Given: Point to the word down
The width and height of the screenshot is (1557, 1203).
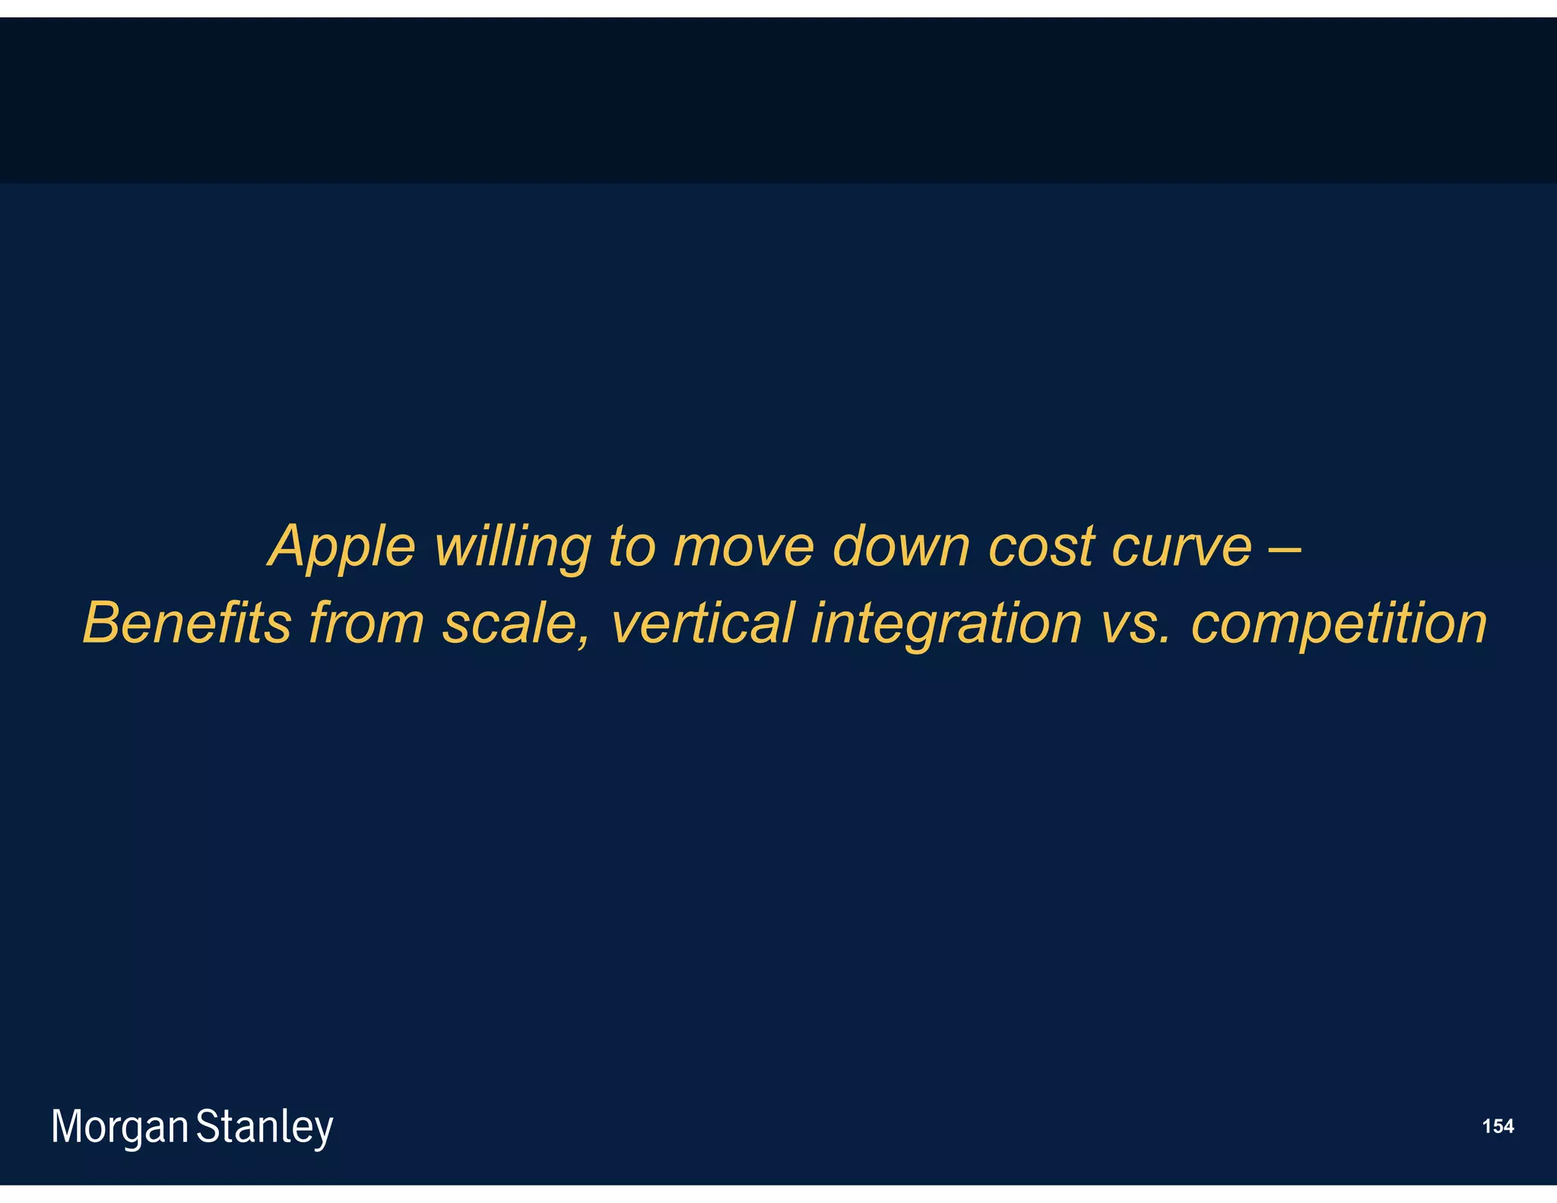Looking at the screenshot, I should [901, 546].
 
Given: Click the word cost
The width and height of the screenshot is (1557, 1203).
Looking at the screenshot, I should [1042, 546].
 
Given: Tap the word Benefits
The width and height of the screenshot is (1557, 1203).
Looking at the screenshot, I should [187, 623].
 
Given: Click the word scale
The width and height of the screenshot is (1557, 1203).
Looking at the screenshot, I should [510, 623].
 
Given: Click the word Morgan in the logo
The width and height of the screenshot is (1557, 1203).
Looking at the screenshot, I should [119, 1128].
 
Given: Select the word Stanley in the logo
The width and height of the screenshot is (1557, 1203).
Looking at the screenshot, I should [265, 1128].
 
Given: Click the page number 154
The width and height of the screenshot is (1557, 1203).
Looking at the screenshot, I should [1498, 1126].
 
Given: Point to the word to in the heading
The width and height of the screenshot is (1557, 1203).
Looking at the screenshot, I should [631, 546].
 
